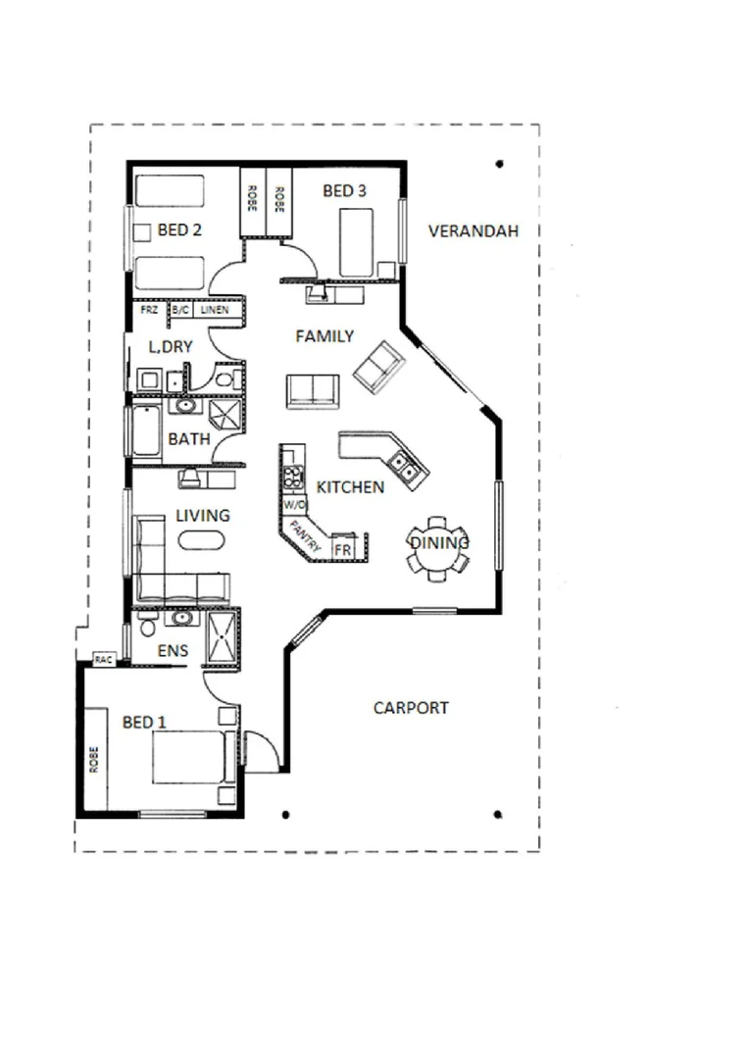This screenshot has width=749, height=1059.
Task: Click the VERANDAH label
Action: coord(473,231)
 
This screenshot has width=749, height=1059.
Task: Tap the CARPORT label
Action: coord(411,707)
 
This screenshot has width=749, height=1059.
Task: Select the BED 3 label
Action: coord(344,191)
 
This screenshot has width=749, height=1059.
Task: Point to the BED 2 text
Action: coord(179,231)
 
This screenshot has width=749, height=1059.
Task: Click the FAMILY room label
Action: coord(325,336)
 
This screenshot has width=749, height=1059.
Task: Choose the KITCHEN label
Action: coord(349,486)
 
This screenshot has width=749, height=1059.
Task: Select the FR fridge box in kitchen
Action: coord(343,549)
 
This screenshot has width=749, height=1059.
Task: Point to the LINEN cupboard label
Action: coord(215,310)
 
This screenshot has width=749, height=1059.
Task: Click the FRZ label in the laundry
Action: coord(148,310)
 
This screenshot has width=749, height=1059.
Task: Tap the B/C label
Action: coord(180,310)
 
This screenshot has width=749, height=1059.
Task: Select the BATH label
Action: coord(188,439)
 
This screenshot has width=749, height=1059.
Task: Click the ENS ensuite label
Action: coord(173,650)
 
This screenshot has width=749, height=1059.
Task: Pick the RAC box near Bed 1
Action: coord(104,660)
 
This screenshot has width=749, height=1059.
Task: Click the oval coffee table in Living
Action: coord(202,539)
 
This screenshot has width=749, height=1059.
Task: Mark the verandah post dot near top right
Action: coord(500,164)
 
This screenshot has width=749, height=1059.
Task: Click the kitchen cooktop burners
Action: coord(293,479)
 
